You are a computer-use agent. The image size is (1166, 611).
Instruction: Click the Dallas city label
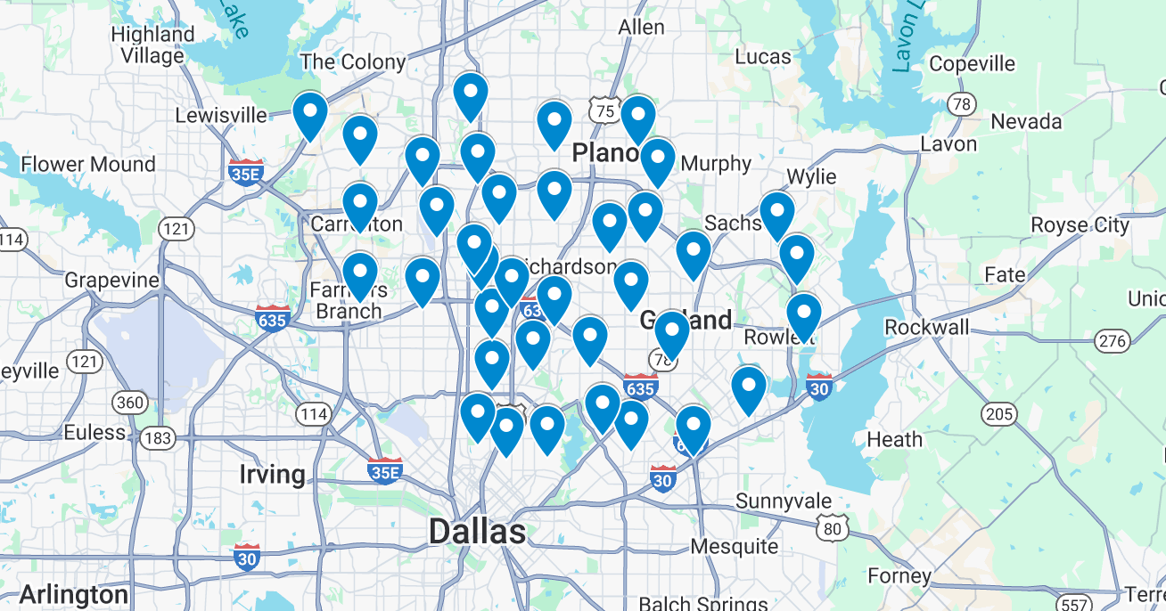tap(477, 532)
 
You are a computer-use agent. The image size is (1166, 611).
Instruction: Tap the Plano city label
tap(605, 153)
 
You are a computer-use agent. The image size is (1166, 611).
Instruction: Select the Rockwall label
tap(926, 328)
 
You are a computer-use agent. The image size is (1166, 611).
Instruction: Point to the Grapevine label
tap(111, 281)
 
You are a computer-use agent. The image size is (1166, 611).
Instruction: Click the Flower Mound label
tap(88, 165)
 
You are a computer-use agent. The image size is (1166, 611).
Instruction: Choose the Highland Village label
tap(152, 45)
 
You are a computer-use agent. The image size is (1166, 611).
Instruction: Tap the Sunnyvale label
tap(784, 501)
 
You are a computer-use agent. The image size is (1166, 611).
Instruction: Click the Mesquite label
tap(735, 546)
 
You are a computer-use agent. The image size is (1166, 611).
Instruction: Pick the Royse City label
tap(1080, 225)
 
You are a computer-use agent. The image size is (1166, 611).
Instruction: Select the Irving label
tap(272, 474)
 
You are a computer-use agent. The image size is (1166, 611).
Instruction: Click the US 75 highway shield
tap(604, 110)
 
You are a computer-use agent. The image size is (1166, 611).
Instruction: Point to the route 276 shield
tap(1112, 341)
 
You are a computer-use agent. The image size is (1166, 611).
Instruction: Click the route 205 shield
tap(1000, 413)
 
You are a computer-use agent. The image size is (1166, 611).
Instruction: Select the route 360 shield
tap(130, 403)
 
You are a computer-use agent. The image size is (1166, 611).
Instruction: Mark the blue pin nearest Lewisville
tap(310, 113)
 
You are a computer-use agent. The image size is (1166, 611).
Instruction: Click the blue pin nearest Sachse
tap(776, 214)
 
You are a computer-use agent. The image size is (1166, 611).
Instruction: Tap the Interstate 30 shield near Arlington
tap(248, 558)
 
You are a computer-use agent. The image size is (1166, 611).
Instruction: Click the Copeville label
tap(972, 64)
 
